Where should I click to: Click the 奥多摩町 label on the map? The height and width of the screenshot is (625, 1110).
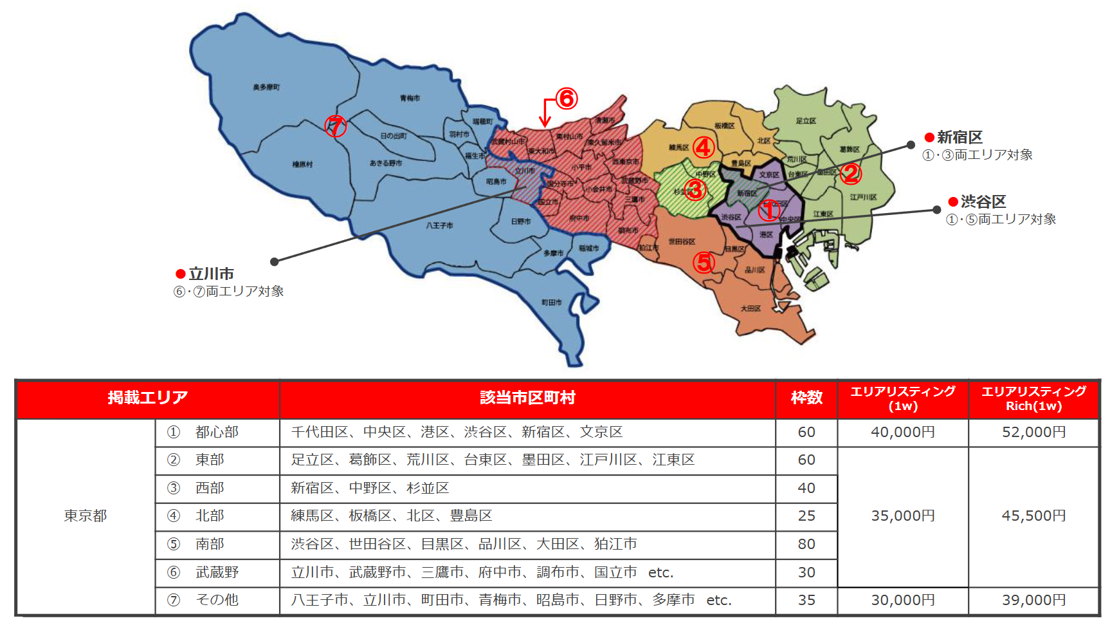click(x=266, y=87)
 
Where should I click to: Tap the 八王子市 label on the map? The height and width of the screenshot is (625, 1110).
click(x=439, y=225)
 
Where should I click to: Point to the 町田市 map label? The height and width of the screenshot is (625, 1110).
click(x=551, y=302)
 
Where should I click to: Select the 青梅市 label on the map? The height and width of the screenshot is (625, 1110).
click(x=410, y=98)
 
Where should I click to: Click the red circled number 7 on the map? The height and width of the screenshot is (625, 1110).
click(x=335, y=126)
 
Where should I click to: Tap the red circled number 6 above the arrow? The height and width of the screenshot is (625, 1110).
click(x=567, y=98)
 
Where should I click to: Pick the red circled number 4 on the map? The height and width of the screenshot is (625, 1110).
click(x=703, y=147)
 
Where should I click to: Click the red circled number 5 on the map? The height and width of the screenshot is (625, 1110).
click(x=704, y=262)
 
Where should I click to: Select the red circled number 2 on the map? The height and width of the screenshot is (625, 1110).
click(x=850, y=173)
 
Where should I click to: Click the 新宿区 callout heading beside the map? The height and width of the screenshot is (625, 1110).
click(x=959, y=137)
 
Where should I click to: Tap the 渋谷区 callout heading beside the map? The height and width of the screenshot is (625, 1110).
click(x=983, y=201)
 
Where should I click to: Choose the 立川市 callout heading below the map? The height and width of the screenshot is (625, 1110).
click(x=211, y=274)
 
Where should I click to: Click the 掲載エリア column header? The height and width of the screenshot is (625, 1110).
click(x=148, y=398)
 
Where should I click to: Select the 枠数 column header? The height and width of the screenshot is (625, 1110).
click(x=806, y=398)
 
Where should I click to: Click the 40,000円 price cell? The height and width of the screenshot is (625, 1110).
click(x=903, y=432)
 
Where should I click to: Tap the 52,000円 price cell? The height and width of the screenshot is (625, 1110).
click(x=1033, y=432)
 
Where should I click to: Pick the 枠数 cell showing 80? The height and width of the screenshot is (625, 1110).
click(x=806, y=544)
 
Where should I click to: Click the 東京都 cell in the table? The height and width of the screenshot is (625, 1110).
click(x=86, y=516)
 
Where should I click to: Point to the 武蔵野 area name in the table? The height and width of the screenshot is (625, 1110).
click(x=217, y=572)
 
